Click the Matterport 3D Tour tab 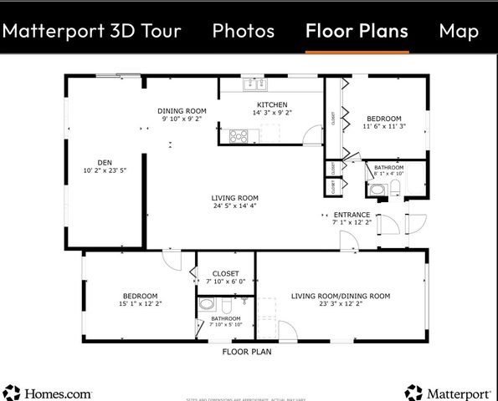91,31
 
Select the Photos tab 243,31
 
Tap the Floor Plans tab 357,31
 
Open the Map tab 459,31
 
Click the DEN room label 105,163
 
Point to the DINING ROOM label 182,111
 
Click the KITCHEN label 272,104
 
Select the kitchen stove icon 239,135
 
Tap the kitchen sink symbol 251,84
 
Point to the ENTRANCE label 352,215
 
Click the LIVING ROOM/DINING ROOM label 341,296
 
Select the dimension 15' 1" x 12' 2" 140,304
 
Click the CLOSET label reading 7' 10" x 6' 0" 225,282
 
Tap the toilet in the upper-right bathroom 396,188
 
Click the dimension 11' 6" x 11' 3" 383,126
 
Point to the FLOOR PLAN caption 246,352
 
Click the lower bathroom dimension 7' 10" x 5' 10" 226,325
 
